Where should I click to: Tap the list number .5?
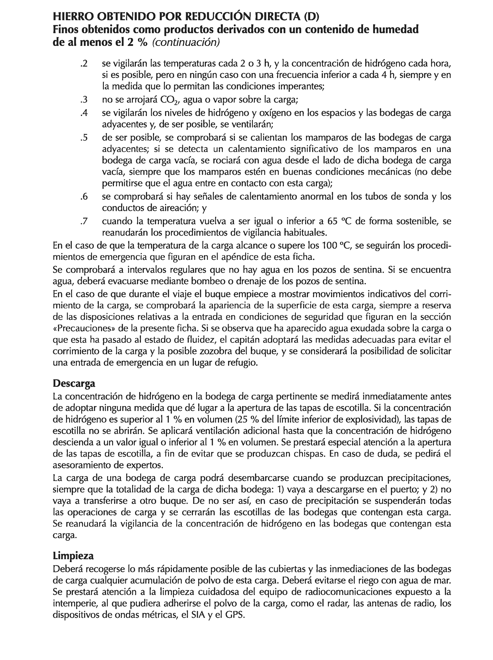[x=84, y=138]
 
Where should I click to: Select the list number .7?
[x=84, y=221]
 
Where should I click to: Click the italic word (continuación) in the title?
[x=186, y=42]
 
